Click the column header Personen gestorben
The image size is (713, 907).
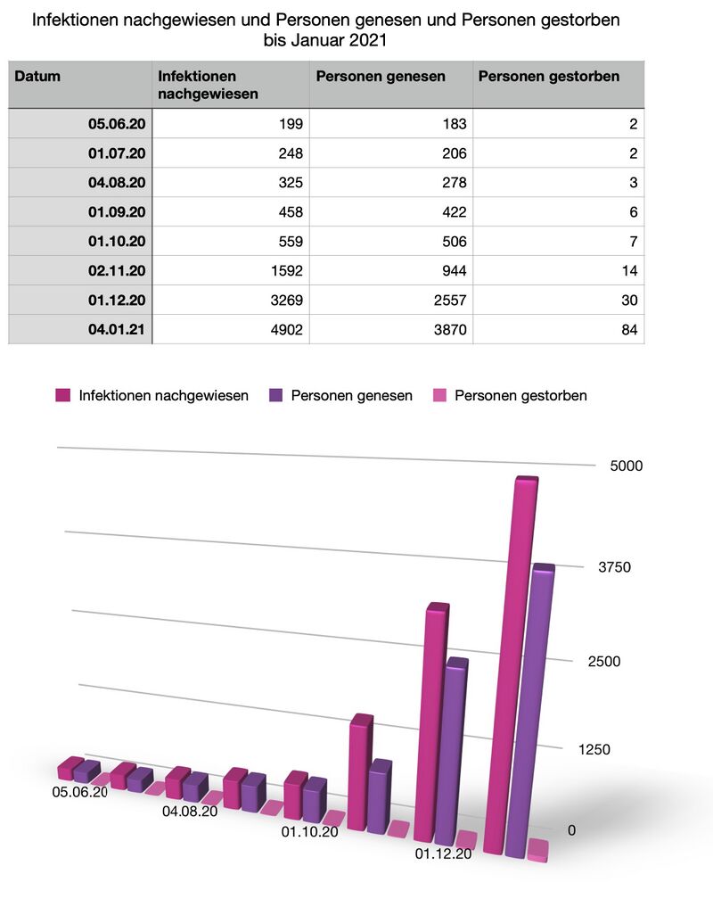(x=548, y=77)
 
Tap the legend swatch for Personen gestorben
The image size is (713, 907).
(x=438, y=395)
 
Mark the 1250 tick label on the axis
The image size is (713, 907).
(x=593, y=749)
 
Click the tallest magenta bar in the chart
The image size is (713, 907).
(x=511, y=660)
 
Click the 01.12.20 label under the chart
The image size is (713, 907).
(x=443, y=854)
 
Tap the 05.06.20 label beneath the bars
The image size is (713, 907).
(x=80, y=792)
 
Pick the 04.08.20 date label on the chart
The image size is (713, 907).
(x=190, y=812)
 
